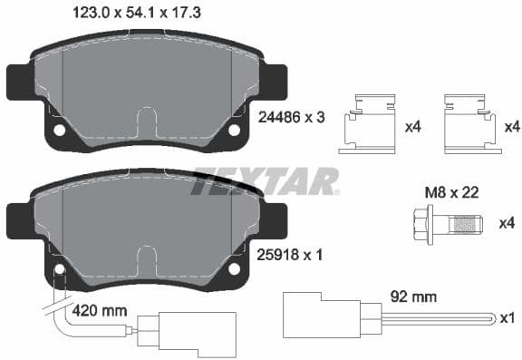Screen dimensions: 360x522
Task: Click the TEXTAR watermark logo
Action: [266, 180]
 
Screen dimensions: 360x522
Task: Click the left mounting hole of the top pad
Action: [60, 130]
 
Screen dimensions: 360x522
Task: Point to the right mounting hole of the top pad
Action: [233, 130]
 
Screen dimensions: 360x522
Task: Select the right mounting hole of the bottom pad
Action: [233, 269]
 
